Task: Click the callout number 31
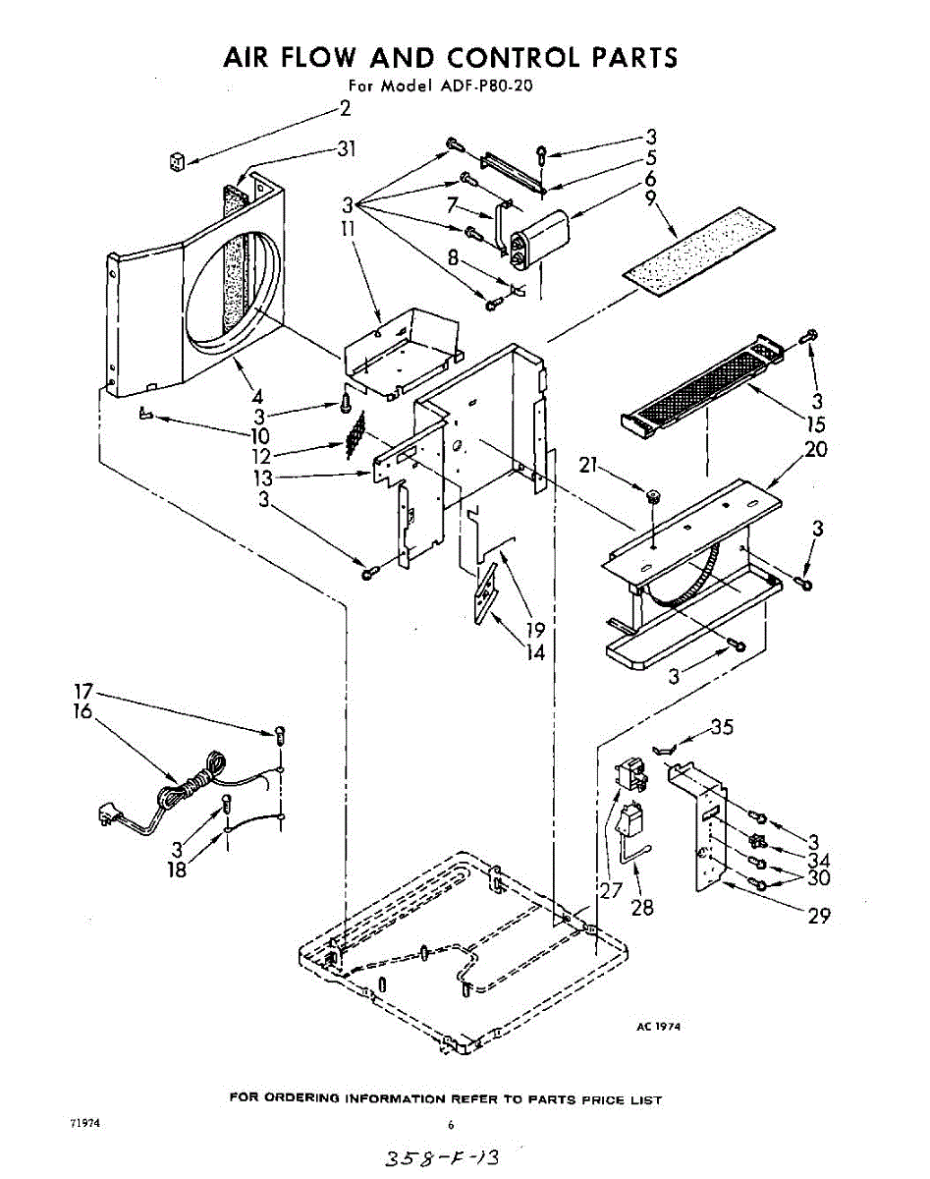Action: click(x=345, y=149)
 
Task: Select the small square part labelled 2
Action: click(x=178, y=161)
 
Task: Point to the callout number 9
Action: click(x=650, y=199)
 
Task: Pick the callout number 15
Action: click(x=815, y=425)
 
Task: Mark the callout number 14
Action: click(x=534, y=651)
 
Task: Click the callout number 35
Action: click(x=721, y=728)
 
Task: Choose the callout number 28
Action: click(x=642, y=907)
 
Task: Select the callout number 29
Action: click(x=818, y=916)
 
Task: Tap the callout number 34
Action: click(x=818, y=860)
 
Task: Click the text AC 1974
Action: click(x=658, y=1026)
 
